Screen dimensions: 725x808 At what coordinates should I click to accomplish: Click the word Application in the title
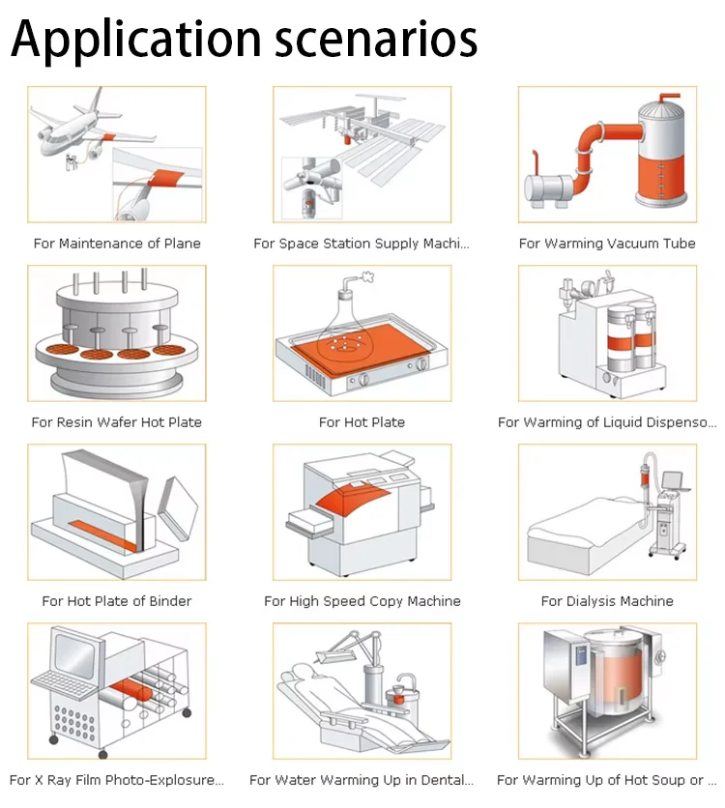click(x=136, y=40)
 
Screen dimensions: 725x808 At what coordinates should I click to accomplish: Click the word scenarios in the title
click(x=376, y=40)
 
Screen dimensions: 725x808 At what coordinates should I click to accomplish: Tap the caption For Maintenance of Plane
click(x=117, y=244)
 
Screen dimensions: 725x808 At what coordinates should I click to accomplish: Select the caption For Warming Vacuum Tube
click(x=607, y=244)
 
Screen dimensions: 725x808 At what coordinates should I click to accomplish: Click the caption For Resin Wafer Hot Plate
click(x=116, y=422)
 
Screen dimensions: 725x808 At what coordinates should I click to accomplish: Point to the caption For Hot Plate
click(x=362, y=422)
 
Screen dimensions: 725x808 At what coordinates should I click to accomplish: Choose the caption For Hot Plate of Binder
click(x=117, y=601)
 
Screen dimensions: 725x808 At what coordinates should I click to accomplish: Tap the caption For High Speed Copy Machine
click(x=362, y=601)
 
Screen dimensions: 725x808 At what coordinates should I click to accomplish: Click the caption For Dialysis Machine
click(x=607, y=601)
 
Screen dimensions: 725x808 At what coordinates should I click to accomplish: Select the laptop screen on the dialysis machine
click(x=674, y=479)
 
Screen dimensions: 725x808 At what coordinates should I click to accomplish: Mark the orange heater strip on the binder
click(x=103, y=535)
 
